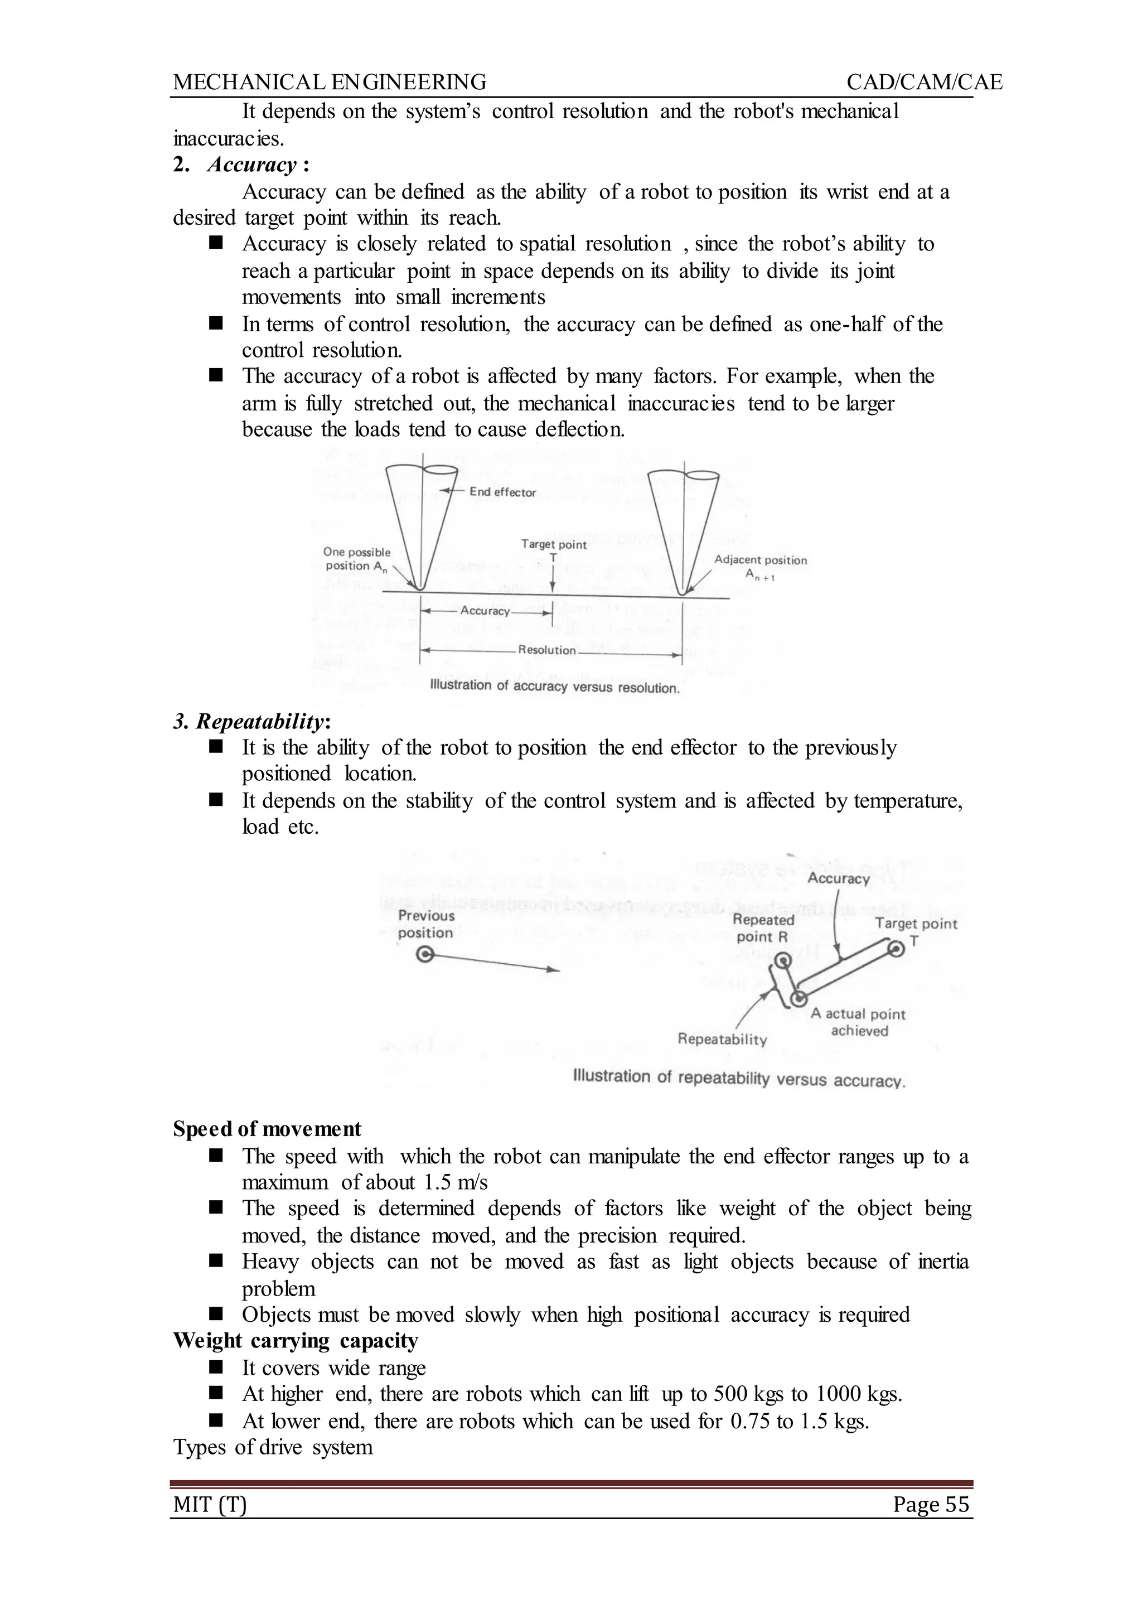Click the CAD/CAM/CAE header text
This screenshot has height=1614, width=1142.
[x=924, y=83]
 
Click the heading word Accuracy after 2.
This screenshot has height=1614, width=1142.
[x=251, y=165]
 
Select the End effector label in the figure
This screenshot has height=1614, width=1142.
[x=502, y=492]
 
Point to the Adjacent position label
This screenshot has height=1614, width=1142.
[x=760, y=560]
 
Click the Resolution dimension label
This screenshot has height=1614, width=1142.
[x=546, y=650]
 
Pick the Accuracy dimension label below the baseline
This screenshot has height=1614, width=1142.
[x=485, y=611]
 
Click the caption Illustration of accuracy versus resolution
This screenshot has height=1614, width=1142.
[x=554, y=687]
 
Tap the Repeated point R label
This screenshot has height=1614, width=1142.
[x=763, y=929]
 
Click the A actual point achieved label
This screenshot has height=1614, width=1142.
[x=858, y=1022]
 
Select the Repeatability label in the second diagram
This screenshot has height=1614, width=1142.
[x=722, y=1040]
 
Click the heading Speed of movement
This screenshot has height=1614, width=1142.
[x=267, y=1129]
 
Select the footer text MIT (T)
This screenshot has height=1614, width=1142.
[x=210, y=1505]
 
